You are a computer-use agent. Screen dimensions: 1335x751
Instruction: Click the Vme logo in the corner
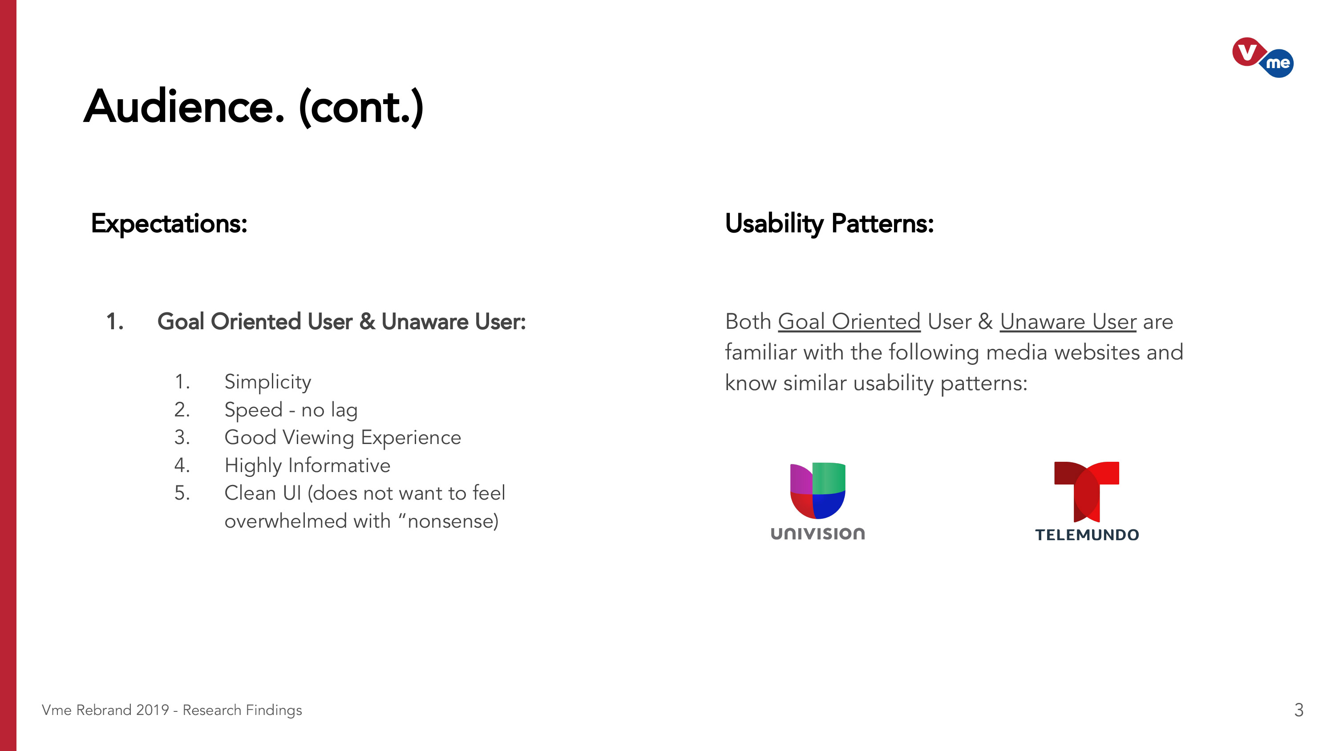coord(1262,57)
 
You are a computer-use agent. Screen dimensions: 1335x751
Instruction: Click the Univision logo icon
coord(818,490)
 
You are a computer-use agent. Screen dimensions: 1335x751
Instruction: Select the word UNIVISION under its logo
coord(818,534)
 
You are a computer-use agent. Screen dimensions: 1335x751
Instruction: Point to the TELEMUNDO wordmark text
coord(1087,535)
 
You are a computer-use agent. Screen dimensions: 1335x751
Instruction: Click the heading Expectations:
coord(169,224)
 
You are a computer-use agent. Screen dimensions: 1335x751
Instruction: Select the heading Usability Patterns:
coord(829,224)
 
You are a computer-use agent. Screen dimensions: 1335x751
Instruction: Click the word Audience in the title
coord(184,107)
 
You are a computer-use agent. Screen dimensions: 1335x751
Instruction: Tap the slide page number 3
coord(1299,710)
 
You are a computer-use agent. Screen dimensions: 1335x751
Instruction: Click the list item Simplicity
coord(268,383)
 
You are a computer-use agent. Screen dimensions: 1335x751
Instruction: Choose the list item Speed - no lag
coord(291,410)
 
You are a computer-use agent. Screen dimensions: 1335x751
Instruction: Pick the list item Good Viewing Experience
coord(343,438)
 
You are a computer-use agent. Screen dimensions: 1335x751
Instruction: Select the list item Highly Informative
coord(307,465)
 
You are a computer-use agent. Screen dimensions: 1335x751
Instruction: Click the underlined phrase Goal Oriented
coord(849,322)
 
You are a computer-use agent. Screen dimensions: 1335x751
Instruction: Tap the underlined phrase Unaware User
coord(1068,322)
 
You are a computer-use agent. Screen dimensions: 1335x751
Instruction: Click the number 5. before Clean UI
coord(182,493)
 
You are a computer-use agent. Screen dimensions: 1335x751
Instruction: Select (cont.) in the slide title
coord(361,108)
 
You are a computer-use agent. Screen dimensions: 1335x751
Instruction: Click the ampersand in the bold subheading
coord(367,322)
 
